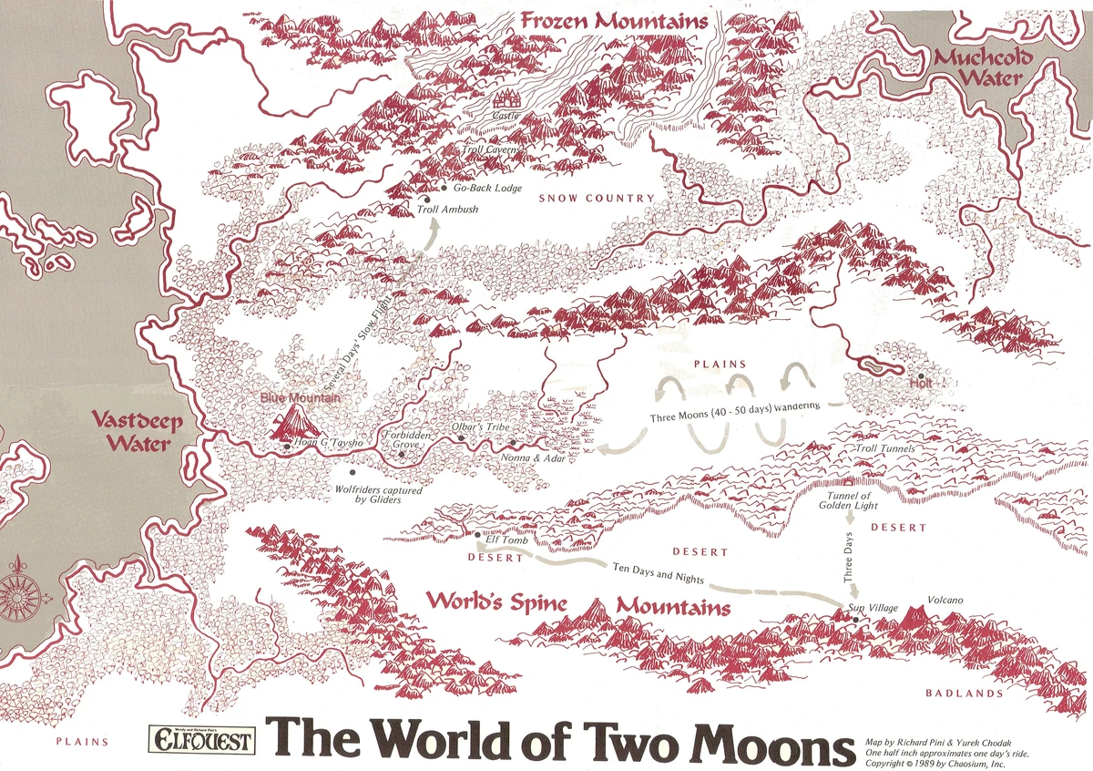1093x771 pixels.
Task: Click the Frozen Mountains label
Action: point(614,21)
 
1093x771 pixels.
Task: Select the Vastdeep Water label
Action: point(137,432)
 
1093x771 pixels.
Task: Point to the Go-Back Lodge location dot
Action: point(444,188)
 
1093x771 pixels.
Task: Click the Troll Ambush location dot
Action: point(424,198)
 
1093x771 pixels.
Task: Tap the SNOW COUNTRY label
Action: point(597,198)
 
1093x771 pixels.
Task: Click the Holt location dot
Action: point(922,375)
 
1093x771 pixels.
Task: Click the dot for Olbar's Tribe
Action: point(462,438)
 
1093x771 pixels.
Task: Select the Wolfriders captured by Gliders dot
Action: point(352,473)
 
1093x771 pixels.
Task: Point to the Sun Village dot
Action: point(856,620)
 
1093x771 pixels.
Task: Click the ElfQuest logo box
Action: point(202,741)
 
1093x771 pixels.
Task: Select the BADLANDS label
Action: point(965,694)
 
